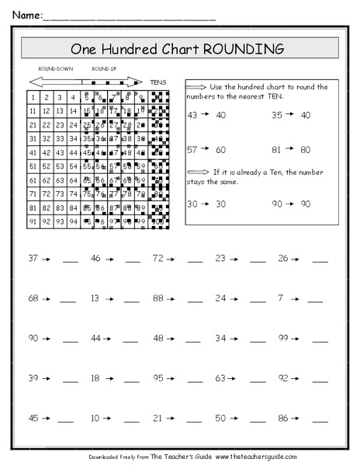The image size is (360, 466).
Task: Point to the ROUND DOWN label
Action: coord(55,69)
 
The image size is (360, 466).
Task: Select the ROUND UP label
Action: coord(105,69)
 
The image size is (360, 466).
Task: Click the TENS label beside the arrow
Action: coord(158,80)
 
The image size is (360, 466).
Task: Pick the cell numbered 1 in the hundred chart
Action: coord(35,98)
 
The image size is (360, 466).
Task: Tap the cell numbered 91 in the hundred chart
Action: coord(35,221)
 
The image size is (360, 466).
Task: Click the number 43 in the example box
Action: coord(193,114)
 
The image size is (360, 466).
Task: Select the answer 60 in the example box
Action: coord(220,149)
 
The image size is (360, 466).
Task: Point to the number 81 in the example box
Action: coord(277,149)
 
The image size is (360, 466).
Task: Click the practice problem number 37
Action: coord(33,257)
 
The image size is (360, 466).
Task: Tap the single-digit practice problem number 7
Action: coord(280,297)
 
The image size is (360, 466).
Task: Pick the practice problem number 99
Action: coord(283,338)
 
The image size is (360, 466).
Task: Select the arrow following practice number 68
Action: coord(46,298)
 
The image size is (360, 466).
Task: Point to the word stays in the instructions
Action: coord(199,182)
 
